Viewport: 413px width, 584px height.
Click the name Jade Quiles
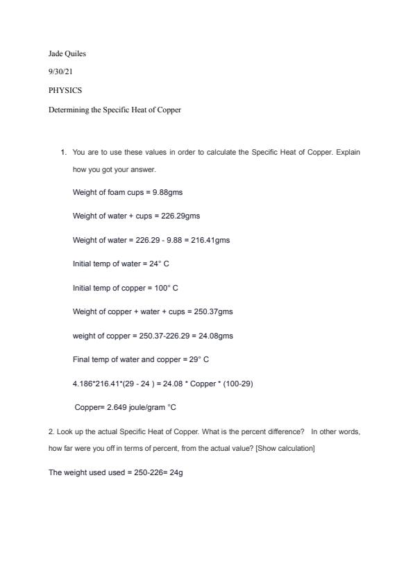coord(67,53)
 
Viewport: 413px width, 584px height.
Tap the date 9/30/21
coord(60,71)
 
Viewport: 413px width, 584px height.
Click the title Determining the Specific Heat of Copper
coord(115,109)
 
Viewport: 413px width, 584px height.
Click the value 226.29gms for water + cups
coord(180,216)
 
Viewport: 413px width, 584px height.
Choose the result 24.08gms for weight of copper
coord(216,336)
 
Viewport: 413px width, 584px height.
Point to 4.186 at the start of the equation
coord(82,383)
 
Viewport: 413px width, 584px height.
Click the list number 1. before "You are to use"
coord(63,151)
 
